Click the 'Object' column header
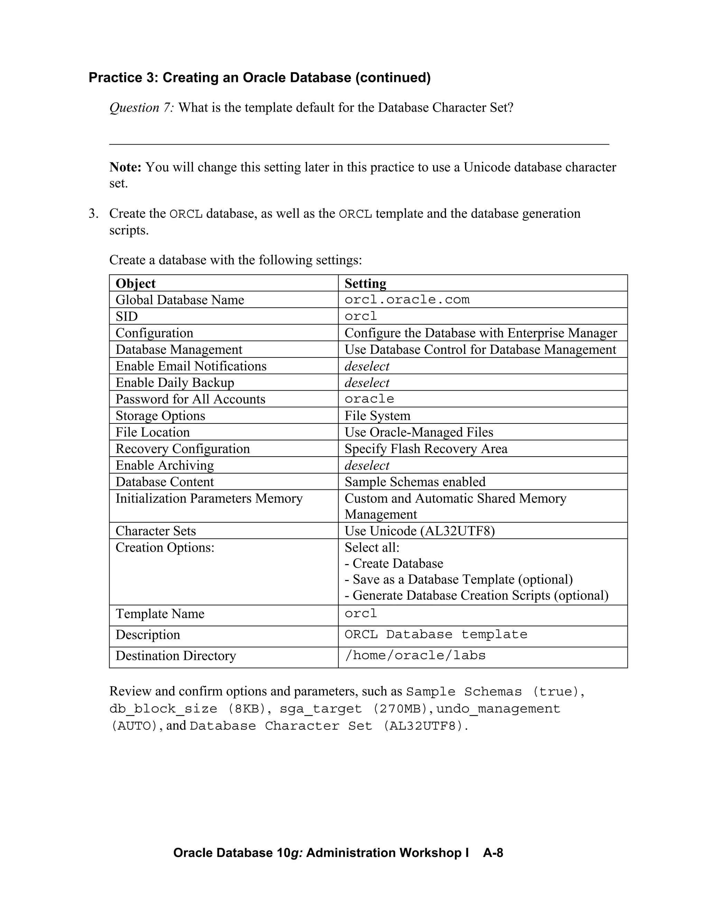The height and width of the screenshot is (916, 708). pos(136,283)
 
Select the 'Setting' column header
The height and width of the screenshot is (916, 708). pos(365,283)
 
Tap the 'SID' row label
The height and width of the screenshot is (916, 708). pos(127,316)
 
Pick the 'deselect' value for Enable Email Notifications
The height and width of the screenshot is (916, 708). pos(367,366)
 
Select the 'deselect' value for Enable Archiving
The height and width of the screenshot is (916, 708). pos(367,465)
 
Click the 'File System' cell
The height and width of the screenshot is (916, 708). pos(378,415)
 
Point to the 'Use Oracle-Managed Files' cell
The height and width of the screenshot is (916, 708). pos(419,432)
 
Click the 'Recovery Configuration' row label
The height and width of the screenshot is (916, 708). pos(183,449)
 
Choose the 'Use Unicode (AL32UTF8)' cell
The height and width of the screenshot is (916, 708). pos(419,531)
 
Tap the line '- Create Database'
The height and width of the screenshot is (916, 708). pos(394,563)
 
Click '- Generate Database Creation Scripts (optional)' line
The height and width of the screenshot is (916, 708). pos(476,595)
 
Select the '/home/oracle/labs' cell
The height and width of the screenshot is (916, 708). pos(415,655)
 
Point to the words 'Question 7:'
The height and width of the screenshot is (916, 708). pos(141,108)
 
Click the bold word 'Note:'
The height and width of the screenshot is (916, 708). pos(125,167)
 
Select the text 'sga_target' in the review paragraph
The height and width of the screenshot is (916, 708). pos(320,709)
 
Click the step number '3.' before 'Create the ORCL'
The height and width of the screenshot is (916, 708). pos(94,214)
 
